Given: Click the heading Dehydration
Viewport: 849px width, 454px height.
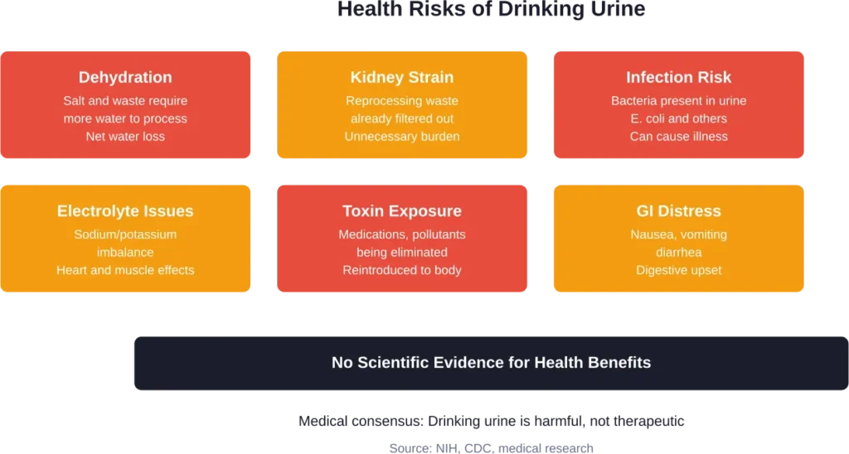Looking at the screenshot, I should [x=125, y=77].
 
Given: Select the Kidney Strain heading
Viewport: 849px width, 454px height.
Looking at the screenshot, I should [x=402, y=77].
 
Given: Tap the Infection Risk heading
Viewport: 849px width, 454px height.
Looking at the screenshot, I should [x=678, y=77].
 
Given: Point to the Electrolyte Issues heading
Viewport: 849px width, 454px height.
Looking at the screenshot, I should [x=125, y=211].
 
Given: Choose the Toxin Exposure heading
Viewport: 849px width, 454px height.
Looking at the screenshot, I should [x=402, y=211].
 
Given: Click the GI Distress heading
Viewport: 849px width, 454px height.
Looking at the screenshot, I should [x=678, y=211].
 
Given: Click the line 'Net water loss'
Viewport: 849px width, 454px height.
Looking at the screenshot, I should [x=125, y=136].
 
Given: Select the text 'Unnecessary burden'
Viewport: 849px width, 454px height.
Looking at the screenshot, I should [x=402, y=136].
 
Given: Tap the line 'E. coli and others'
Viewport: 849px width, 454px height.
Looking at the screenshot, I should [x=678, y=118].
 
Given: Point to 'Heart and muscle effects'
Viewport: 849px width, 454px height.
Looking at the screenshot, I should [x=125, y=270].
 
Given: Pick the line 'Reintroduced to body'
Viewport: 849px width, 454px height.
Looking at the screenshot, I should [x=402, y=270].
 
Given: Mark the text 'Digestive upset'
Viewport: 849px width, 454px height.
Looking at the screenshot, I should [x=678, y=270].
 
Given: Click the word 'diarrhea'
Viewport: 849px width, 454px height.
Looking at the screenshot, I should [x=678, y=253].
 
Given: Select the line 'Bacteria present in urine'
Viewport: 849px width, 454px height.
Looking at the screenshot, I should [x=678, y=101].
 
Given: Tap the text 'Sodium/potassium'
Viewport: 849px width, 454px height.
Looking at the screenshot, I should [x=125, y=234].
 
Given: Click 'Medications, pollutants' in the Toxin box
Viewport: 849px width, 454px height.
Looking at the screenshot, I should [x=402, y=234].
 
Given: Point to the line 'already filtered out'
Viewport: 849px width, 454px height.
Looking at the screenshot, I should [x=402, y=118].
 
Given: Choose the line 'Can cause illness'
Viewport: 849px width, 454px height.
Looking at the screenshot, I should [x=678, y=136].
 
